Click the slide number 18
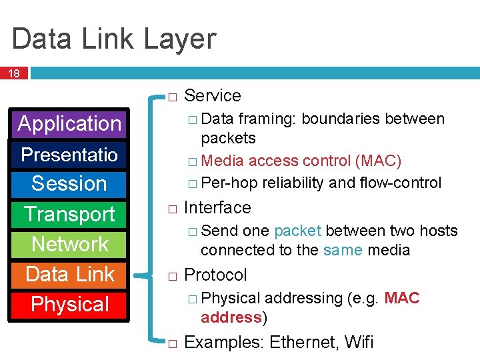click(x=13, y=73)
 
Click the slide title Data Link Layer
click(x=114, y=39)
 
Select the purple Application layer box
click(x=70, y=124)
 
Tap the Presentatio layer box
click(x=70, y=155)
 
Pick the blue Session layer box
click(x=70, y=183)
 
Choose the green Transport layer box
click(x=70, y=214)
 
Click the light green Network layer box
click(x=70, y=244)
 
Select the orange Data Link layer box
click(x=70, y=274)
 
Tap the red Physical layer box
click(x=70, y=305)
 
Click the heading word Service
click(x=212, y=95)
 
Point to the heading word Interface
click(x=217, y=207)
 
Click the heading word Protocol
click(x=215, y=275)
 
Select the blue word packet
click(x=297, y=231)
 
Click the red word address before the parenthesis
click(x=231, y=317)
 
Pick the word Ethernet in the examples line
click(x=301, y=343)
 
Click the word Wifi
click(x=359, y=343)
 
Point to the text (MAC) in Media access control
click(x=378, y=161)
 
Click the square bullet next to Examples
click(x=172, y=344)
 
